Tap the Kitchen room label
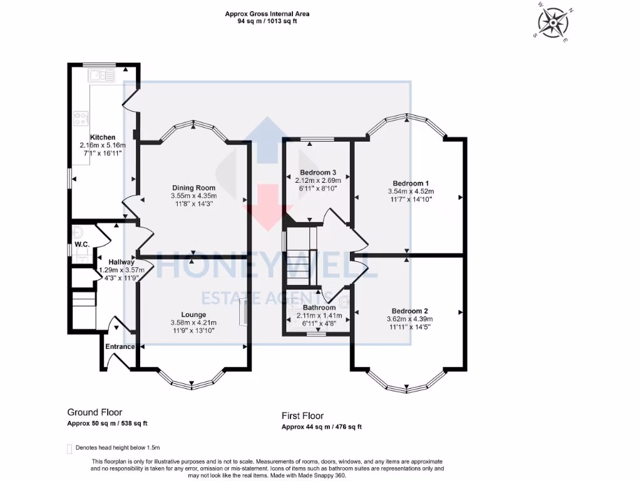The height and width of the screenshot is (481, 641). (x=103, y=137)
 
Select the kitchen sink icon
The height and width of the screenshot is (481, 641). (x=102, y=76)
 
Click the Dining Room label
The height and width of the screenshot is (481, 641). (x=193, y=187)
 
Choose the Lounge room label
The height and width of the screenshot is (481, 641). (x=193, y=314)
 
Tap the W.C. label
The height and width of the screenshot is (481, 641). (x=81, y=244)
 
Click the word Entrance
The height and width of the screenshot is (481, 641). (x=120, y=346)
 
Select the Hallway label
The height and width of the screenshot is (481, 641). (x=121, y=262)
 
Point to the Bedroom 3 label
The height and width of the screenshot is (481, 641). (x=318, y=172)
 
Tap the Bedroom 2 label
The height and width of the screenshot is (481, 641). (x=409, y=311)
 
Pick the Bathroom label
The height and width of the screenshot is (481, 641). (x=319, y=308)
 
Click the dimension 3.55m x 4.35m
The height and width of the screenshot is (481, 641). (x=193, y=195)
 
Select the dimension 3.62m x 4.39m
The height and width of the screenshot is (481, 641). (x=409, y=319)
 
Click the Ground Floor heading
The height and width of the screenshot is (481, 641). (x=95, y=412)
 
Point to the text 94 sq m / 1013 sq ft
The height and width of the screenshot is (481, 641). (x=267, y=21)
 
